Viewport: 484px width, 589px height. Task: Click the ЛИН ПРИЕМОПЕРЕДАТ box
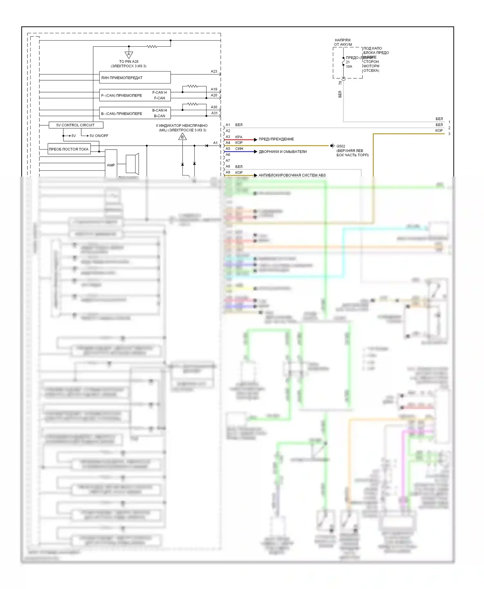point(135,78)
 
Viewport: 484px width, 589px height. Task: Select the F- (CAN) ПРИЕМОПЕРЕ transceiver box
point(135,95)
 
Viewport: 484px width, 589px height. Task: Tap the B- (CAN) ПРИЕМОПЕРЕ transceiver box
point(135,113)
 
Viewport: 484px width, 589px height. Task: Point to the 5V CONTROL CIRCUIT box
point(76,125)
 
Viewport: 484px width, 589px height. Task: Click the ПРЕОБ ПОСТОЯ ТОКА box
point(69,149)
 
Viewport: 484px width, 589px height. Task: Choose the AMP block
point(111,165)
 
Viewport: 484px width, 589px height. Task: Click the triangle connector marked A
point(129,54)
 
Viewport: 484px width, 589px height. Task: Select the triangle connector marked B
point(182,137)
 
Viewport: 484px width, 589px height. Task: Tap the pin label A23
point(214,72)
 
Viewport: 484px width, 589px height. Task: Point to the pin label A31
point(214,113)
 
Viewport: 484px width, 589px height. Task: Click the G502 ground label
point(341,146)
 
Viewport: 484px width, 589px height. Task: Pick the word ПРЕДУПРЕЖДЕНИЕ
point(276,139)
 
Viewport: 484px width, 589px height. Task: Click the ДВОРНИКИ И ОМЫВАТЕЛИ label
point(283,152)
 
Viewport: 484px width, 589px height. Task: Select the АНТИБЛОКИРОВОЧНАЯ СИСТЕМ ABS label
point(292,175)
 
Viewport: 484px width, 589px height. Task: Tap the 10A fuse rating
point(349,67)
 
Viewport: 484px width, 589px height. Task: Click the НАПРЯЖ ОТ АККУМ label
point(343,42)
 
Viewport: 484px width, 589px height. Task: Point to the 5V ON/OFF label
point(99,136)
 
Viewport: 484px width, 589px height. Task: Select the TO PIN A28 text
point(129,62)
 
